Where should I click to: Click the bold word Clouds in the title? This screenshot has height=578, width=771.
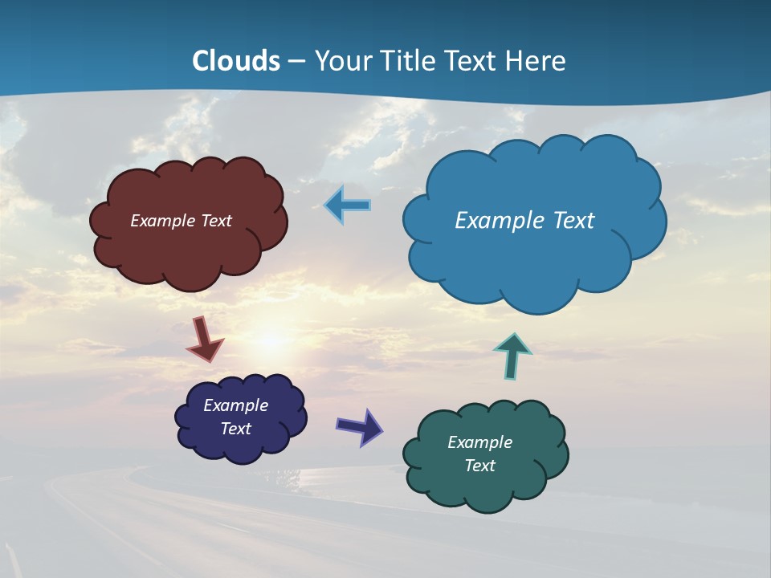click(x=235, y=61)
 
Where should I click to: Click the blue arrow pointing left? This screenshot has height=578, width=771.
click(x=347, y=205)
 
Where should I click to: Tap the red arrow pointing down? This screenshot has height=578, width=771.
click(x=205, y=339)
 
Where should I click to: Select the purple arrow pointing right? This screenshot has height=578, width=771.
click(x=359, y=425)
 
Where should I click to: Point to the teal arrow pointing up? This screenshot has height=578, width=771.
click(x=512, y=356)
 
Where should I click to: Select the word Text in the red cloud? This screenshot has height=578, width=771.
click(x=216, y=221)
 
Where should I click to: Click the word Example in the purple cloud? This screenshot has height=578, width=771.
click(x=235, y=405)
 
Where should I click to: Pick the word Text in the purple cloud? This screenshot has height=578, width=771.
click(x=235, y=429)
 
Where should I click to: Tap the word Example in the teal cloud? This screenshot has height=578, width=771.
click(x=479, y=442)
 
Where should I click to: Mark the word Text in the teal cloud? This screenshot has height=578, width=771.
click(x=479, y=466)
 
